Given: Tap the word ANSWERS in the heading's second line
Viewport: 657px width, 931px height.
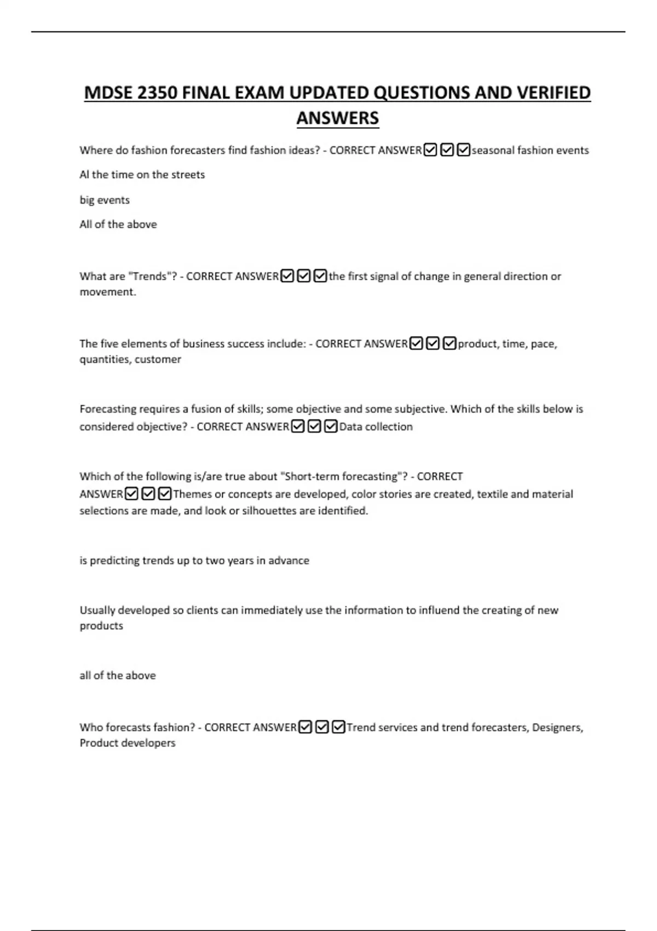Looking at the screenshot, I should pos(337,118).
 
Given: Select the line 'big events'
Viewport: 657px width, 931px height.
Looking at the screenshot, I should pos(105,200).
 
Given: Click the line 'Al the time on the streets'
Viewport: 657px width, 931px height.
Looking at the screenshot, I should pos(142,175).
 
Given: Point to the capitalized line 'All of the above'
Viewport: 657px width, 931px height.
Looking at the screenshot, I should pos(118,224).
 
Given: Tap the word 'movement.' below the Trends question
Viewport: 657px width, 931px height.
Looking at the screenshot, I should pos(108,292).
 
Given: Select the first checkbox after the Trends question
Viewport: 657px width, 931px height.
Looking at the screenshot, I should pos(287,276).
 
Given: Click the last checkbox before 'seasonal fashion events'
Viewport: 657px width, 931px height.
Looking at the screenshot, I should pos(463,150).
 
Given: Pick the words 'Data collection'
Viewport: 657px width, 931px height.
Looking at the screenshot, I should pos(376,427).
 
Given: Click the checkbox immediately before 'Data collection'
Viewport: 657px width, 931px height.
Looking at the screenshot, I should pos(331,427).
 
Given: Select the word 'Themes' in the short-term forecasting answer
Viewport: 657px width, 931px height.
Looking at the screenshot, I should pos(192,494).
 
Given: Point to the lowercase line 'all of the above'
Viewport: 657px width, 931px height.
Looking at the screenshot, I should pos(118,675).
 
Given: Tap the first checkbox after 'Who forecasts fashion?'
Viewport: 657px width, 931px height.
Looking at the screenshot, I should pos(305,727).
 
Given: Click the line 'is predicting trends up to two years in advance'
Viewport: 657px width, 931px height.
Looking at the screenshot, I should pos(194,560).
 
